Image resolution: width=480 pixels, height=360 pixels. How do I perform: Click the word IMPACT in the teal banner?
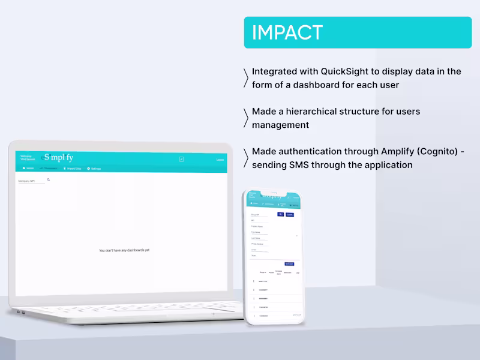point(287,32)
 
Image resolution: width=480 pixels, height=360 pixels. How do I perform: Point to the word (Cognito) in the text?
point(437,152)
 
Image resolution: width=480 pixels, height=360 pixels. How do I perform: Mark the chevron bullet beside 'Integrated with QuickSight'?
point(246,78)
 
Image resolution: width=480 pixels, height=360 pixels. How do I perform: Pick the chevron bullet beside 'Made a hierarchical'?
point(246,118)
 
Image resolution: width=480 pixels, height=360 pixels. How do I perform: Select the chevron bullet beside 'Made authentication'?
point(246,158)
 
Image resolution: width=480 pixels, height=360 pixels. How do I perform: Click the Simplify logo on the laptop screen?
point(58,158)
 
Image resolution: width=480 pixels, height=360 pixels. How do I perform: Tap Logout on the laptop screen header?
point(220,160)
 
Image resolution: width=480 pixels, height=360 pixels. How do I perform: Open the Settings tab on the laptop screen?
point(94,169)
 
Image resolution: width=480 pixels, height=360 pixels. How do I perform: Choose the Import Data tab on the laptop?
point(72,169)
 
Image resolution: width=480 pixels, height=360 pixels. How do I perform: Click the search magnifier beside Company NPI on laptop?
point(49,179)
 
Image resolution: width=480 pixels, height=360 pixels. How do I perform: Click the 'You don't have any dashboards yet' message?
point(124,250)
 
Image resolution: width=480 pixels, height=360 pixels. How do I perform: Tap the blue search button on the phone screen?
point(280,214)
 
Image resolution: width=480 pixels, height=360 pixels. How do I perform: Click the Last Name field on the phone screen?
point(256,238)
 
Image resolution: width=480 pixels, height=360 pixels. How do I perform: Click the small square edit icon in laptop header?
point(181,159)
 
